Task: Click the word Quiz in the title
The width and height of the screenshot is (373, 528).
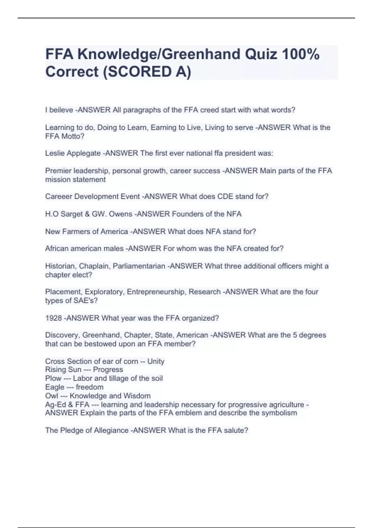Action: [x=261, y=54]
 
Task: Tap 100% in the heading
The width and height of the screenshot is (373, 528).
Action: [x=301, y=54]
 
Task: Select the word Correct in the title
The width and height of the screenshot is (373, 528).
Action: [x=72, y=72]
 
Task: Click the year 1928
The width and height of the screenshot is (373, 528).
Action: [x=53, y=318]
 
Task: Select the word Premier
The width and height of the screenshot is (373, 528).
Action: [x=58, y=171]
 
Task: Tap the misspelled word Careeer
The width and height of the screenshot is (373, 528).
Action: [x=58, y=197]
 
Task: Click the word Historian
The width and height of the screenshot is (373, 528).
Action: [x=60, y=266]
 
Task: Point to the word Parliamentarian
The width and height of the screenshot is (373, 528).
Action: [x=139, y=266]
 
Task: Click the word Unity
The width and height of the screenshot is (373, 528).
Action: [x=156, y=361]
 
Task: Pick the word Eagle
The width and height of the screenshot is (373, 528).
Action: [x=55, y=387]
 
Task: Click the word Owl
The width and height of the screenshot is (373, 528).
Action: [x=52, y=396]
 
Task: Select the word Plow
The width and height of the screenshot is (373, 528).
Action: [x=53, y=378]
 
